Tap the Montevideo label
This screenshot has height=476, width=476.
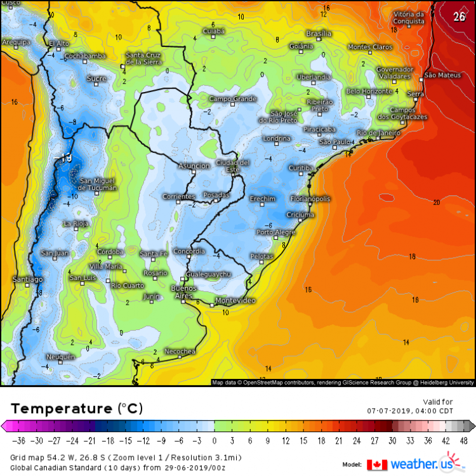click(x=235, y=300)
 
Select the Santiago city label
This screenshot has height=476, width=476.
click(x=28, y=279)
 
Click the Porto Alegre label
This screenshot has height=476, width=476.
click(x=276, y=232)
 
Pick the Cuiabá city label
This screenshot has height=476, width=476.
click(x=213, y=31)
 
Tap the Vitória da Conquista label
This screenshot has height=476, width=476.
click(x=408, y=17)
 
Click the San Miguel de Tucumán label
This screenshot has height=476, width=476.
click(x=98, y=184)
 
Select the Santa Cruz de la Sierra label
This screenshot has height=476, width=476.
click(x=143, y=58)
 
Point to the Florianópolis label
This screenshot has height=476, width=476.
click(x=310, y=199)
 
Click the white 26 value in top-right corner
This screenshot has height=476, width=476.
click(x=459, y=17)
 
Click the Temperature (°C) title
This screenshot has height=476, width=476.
click(x=76, y=407)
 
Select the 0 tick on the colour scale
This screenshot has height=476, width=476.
click(x=215, y=440)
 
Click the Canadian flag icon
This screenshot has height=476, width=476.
click(x=377, y=465)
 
